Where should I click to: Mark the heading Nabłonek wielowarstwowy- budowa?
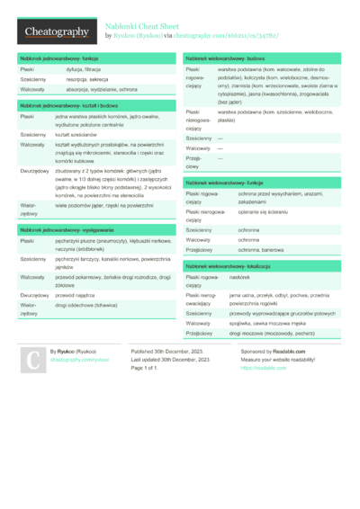click(x=225, y=58)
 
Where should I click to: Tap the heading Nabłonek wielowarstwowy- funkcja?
click(x=225, y=182)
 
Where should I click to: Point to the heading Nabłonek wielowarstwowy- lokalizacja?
click(x=229, y=266)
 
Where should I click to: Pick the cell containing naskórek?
click(x=240, y=278)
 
